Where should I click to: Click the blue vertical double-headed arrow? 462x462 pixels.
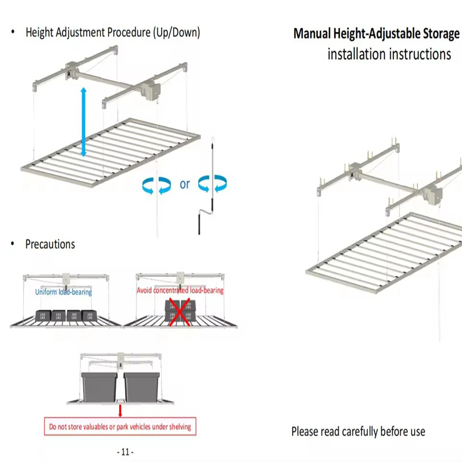[84, 122]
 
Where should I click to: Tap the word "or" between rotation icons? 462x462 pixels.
[185, 184]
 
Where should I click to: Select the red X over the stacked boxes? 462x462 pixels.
[179, 312]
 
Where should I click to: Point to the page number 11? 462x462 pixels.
[125, 452]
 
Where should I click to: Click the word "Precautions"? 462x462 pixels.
[50, 244]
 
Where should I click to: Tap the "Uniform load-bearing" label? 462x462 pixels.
[64, 292]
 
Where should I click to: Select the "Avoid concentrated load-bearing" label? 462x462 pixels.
[180, 290]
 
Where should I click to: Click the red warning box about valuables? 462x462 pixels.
[120, 426]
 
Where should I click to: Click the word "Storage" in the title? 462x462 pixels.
[441, 33]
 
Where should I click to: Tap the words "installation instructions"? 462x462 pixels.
[389, 54]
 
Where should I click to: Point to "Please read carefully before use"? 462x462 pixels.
[358, 431]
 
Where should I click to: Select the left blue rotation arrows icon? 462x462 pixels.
[157, 185]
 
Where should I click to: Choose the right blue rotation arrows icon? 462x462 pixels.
[213, 184]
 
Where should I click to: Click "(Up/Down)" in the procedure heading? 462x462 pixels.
[176, 32]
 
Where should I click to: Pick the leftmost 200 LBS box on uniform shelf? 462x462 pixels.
[43, 316]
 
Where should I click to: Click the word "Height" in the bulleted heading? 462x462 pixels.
[40, 32]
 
